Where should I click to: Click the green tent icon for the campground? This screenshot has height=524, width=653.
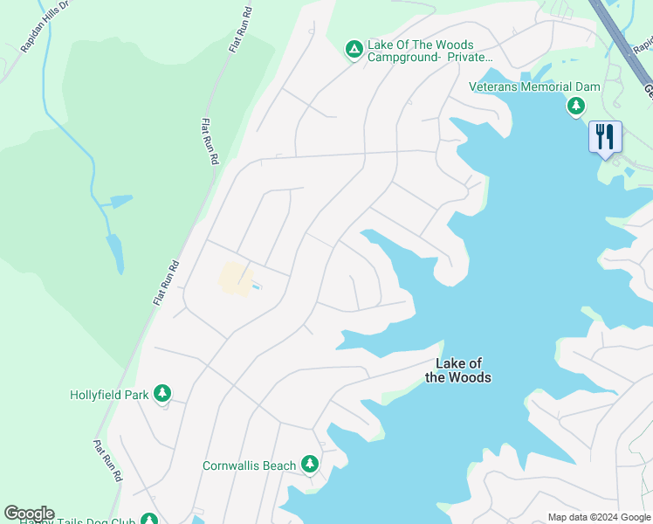pyautogui.click(x=354, y=50)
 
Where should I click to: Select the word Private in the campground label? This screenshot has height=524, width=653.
pyautogui.click(x=471, y=58)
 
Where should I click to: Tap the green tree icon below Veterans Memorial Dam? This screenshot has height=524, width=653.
pyautogui.click(x=575, y=107)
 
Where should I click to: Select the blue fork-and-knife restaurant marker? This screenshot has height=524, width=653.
pyautogui.click(x=605, y=137)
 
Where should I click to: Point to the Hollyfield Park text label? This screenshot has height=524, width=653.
pyautogui.click(x=109, y=395)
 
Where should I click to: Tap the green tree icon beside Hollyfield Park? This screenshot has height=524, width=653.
pyautogui.click(x=162, y=394)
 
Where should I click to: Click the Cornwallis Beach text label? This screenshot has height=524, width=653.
pyautogui.click(x=249, y=465)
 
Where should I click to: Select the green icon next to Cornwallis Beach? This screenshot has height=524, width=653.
pyautogui.click(x=308, y=464)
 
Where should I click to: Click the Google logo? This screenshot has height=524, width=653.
pyautogui.click(x=29, y=514)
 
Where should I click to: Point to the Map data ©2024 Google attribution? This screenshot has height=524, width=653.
pyautogui.click(x=599, y=517)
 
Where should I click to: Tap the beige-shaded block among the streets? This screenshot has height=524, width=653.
pyautogui.click(x=231, y=278)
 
